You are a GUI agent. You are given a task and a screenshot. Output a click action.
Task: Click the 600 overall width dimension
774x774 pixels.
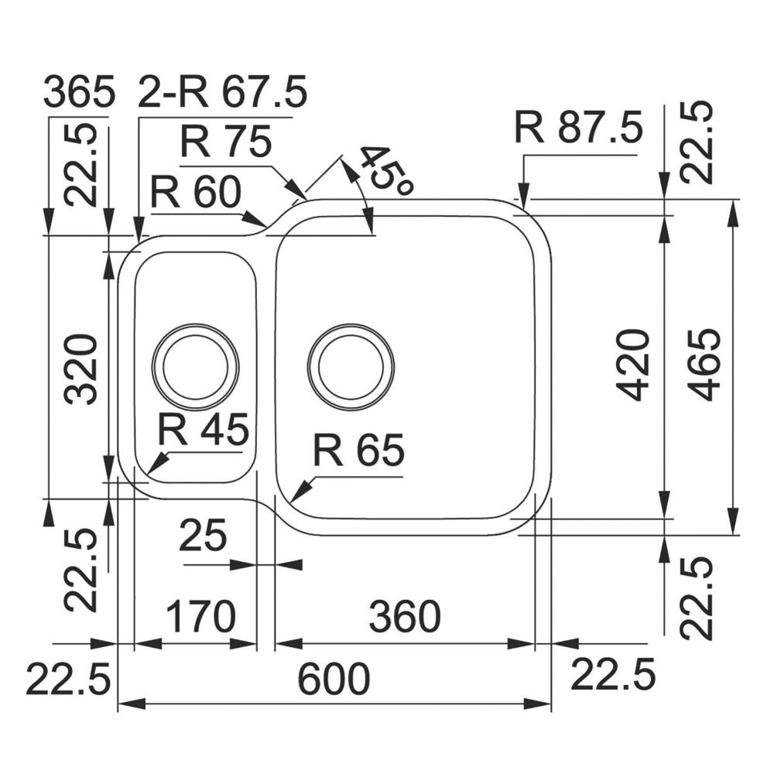(334, 680)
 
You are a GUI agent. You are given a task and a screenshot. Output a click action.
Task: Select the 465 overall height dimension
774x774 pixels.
(704, 365)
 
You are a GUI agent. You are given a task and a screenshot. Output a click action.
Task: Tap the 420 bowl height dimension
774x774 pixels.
(635, 366)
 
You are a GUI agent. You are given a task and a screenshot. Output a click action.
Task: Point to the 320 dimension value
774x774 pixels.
(82, 369)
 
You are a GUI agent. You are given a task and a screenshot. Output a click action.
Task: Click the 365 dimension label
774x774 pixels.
(79, 91)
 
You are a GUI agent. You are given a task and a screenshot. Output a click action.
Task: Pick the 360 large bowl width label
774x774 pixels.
(405, 617)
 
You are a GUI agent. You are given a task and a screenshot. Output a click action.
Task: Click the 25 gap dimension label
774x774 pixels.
(203, 535)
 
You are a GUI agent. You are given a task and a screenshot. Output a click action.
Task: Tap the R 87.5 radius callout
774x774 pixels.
(578, 128)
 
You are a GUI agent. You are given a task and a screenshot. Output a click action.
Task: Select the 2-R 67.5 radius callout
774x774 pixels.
(221, 91)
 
